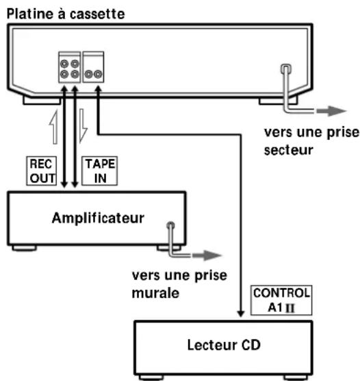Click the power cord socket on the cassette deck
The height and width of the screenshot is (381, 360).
pos(285,70)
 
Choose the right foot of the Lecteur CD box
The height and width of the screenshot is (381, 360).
pos(325,379)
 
